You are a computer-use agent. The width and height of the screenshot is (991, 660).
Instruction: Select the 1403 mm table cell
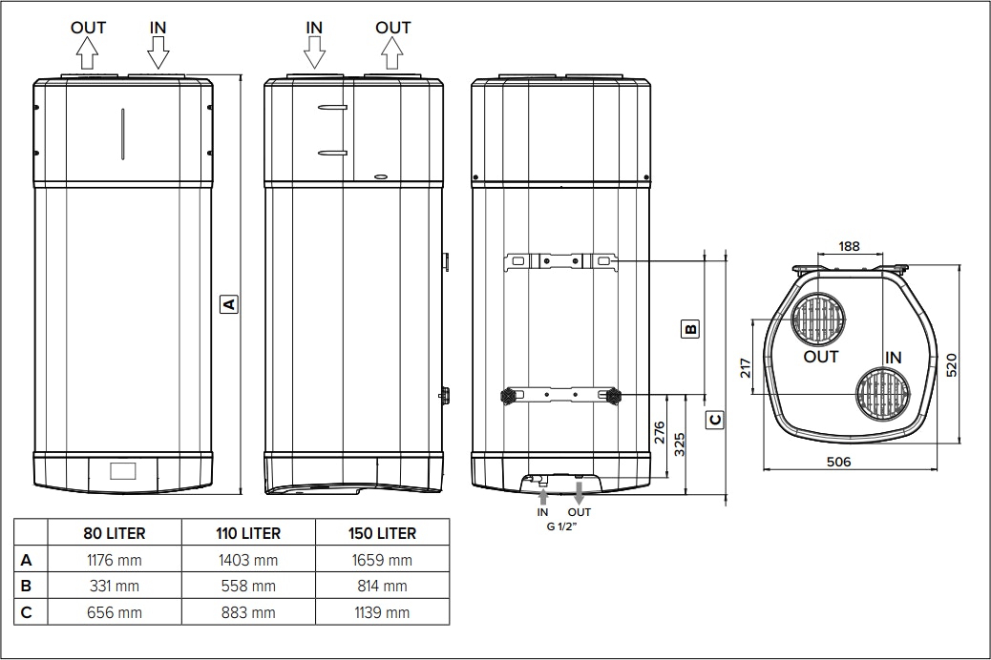click(248, 560)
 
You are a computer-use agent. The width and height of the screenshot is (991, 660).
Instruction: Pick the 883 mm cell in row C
click(248, 612)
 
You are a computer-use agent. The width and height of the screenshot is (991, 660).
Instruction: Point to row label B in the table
click(27, 586)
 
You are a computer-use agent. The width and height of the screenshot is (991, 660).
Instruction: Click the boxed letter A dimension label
click(228, 304)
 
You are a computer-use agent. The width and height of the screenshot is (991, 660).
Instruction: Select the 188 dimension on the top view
click(849, 246)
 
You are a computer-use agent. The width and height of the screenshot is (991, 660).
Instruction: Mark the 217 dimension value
click(747, 367)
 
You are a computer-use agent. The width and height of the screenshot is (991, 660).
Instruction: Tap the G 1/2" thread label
click(561, 526)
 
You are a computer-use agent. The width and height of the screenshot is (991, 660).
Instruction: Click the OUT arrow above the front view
click(88, 55)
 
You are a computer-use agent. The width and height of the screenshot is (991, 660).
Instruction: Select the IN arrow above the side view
click(314, 55)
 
